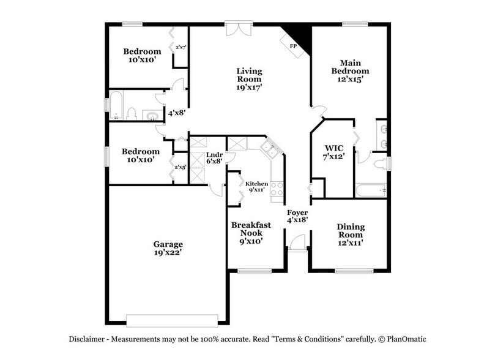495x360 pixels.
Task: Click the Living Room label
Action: click(x=249, y=79)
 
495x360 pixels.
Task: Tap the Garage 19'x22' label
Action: click(x=168, y=248)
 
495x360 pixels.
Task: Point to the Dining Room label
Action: click(x=351, y=234)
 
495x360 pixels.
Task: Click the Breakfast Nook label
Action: click(x=251, y=233)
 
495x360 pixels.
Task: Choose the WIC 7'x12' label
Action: click(x=334, y=152)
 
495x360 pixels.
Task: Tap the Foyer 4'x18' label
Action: click(x=297, y=215)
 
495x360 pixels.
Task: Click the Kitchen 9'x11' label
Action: click(x=256, y=186)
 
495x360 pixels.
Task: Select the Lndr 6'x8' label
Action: click(x=214, y=158)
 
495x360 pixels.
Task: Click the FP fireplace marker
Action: click(x=293, y=45)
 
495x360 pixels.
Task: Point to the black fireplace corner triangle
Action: click(x=300, y=34)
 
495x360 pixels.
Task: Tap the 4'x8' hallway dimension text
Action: click(x=177, y=113)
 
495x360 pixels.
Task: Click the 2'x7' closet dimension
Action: click(x=181, y=47)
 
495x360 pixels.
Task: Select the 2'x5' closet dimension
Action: click(x=180, y=167)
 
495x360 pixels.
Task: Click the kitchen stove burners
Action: click(x=277, y=188)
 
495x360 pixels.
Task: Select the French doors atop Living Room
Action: click(x=239, y=29)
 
